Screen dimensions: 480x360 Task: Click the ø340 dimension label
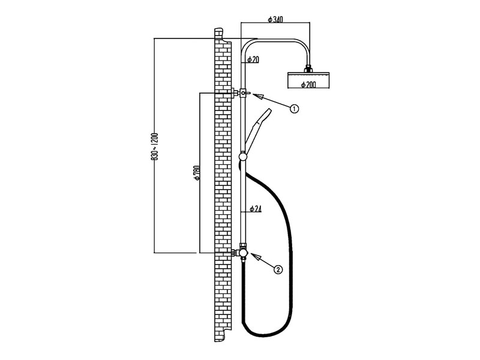pos(275,19)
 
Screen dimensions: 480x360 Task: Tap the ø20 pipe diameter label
pos(253,59)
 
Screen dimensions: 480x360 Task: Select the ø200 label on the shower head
pos(308,85)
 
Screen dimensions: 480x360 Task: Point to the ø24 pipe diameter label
pos(256,209)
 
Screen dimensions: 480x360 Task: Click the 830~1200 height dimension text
pos(155,146)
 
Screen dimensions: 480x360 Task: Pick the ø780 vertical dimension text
pos(197,172)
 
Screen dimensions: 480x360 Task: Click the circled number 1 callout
pos(294,109)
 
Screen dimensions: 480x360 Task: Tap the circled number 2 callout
pos(278,269)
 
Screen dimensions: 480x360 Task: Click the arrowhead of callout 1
pos(258,97)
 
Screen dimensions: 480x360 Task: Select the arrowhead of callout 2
pos(256,257)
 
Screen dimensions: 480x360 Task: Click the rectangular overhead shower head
pos(308,80)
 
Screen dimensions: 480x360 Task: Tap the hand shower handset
pos(258,131)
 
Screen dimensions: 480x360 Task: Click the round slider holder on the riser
pos(243,157)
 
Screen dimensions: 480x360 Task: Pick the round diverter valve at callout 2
pos(243,253)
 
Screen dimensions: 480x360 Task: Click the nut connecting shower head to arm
pos(308,68)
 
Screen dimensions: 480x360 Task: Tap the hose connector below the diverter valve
pos(243,260)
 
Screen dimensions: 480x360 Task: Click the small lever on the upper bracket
pos(248,93)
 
